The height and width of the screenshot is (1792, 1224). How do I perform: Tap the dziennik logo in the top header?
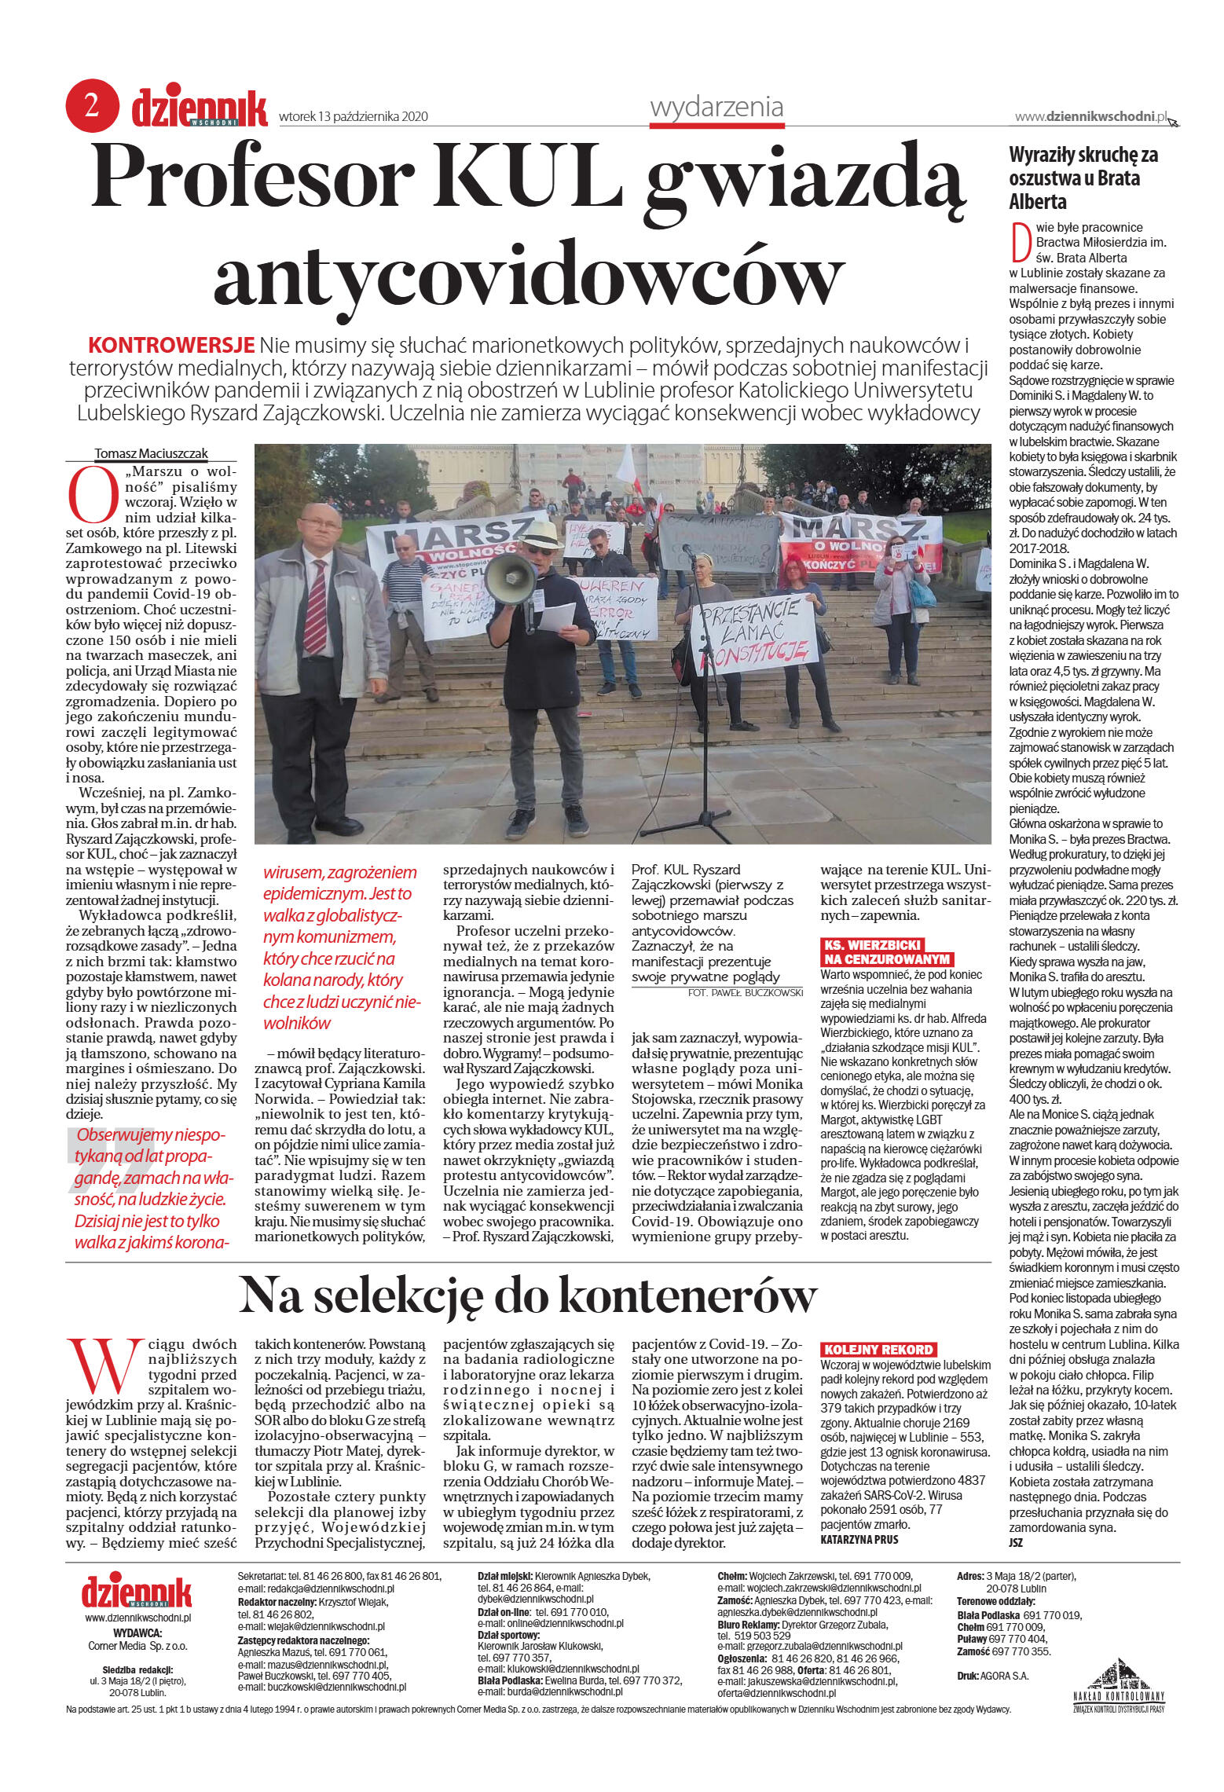click(199, 108)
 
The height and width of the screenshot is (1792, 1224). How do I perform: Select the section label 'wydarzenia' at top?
click(716, 106)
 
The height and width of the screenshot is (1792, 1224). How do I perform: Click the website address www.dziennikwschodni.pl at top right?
click(1090, 116)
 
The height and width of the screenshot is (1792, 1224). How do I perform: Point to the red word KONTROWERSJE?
click(171, 345)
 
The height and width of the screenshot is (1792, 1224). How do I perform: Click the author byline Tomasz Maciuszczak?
click(151, 453)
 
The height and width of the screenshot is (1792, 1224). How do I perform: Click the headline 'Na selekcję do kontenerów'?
click(527, 1295)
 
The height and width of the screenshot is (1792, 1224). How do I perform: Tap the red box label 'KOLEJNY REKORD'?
click(878, 1349)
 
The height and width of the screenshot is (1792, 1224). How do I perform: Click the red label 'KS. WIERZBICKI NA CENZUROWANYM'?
click(885, 951)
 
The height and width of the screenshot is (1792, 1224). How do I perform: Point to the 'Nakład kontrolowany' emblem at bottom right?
click(1119, 1685)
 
